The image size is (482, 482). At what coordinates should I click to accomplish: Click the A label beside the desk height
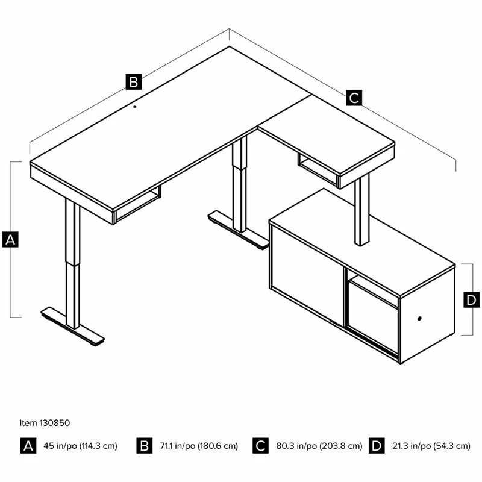(10, 239)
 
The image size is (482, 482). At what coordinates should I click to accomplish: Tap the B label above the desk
(134, 82)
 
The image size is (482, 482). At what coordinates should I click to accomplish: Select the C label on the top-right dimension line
(354, 98)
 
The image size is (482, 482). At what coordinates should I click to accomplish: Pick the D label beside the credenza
(471, 299)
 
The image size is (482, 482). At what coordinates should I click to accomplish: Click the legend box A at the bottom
(28, 445)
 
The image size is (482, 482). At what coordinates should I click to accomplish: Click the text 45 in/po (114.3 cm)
(80, 446)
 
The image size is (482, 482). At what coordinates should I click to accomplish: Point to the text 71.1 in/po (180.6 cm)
(199, 446)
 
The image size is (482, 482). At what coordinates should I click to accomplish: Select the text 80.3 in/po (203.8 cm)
(319, 446)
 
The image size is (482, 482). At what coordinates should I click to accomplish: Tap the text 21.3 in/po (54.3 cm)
(431, 446)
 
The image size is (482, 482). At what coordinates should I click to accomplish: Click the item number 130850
(54, 423)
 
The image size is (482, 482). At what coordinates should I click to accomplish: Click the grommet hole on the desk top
(134, 107)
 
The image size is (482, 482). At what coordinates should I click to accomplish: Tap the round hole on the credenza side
(419, 319)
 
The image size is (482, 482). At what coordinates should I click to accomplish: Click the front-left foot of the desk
(72, 327)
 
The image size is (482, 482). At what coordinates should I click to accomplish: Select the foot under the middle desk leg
(237, 230)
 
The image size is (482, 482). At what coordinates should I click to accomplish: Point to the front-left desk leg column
(72, 263)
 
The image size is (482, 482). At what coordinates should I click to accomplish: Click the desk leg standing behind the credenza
(362, 210)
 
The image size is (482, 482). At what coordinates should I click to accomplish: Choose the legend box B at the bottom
(145, 445)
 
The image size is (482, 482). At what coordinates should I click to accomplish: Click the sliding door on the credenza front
(307, 276)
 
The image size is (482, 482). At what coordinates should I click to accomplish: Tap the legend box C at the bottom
(261, 445)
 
